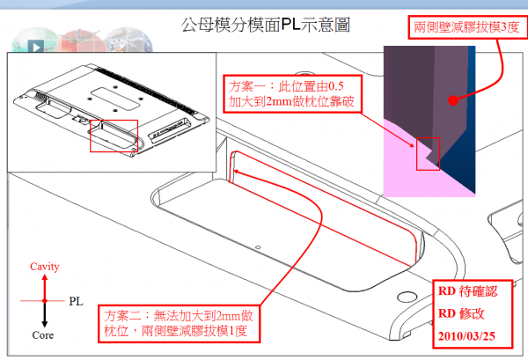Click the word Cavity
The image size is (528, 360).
44,266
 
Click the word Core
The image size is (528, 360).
44,336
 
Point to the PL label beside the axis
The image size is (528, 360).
77,301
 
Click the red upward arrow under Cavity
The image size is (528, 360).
44,285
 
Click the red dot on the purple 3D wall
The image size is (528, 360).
454,100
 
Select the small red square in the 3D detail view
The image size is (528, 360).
428,153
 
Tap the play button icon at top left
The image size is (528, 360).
35,48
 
